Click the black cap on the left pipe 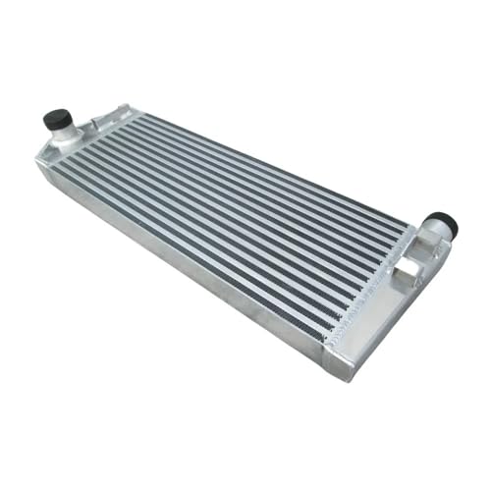click(x=54, y=119)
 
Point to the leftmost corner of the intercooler click(x=37, y=167)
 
